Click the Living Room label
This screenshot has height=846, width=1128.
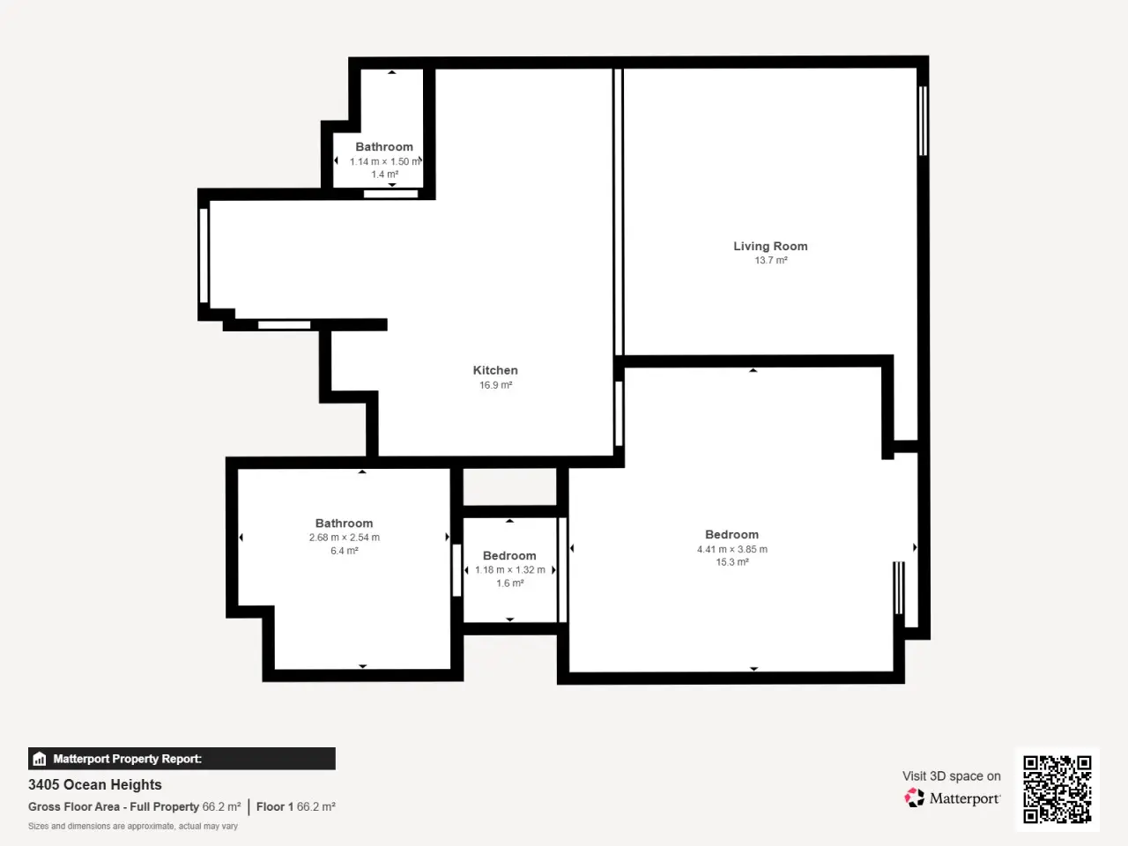tap(770, 246)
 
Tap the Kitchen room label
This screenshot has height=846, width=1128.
tap(495, 370)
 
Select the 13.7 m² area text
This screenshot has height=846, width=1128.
tap(771, 261)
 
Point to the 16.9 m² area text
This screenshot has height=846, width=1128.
tap(496, 385)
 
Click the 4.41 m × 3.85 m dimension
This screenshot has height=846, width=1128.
tap(732, 549)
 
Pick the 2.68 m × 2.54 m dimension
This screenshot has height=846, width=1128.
tap(345, 538)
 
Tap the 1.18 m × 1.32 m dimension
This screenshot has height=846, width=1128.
tap(509, 569)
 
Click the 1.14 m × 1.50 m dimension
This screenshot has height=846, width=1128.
tap(385, 161)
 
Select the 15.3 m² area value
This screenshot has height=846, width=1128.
tap(732, 562)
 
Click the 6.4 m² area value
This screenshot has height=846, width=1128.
tap(345, 551)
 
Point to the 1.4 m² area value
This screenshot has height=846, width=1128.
tap(385, 174)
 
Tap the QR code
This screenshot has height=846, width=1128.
tap(1057, 790)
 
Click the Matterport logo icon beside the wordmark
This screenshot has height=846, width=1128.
tap(914, 798)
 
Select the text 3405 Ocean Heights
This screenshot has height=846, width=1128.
tap(95, 784)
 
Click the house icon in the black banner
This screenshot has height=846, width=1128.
tap(40, 759)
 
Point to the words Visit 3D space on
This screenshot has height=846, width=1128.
tap(951, 775)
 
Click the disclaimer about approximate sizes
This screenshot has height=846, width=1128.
tap(133, 826)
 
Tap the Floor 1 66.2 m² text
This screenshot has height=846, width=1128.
tap(296, 806)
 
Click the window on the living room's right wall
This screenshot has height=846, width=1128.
tap(923, 121)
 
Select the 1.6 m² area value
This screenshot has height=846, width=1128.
tap(509, 583)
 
